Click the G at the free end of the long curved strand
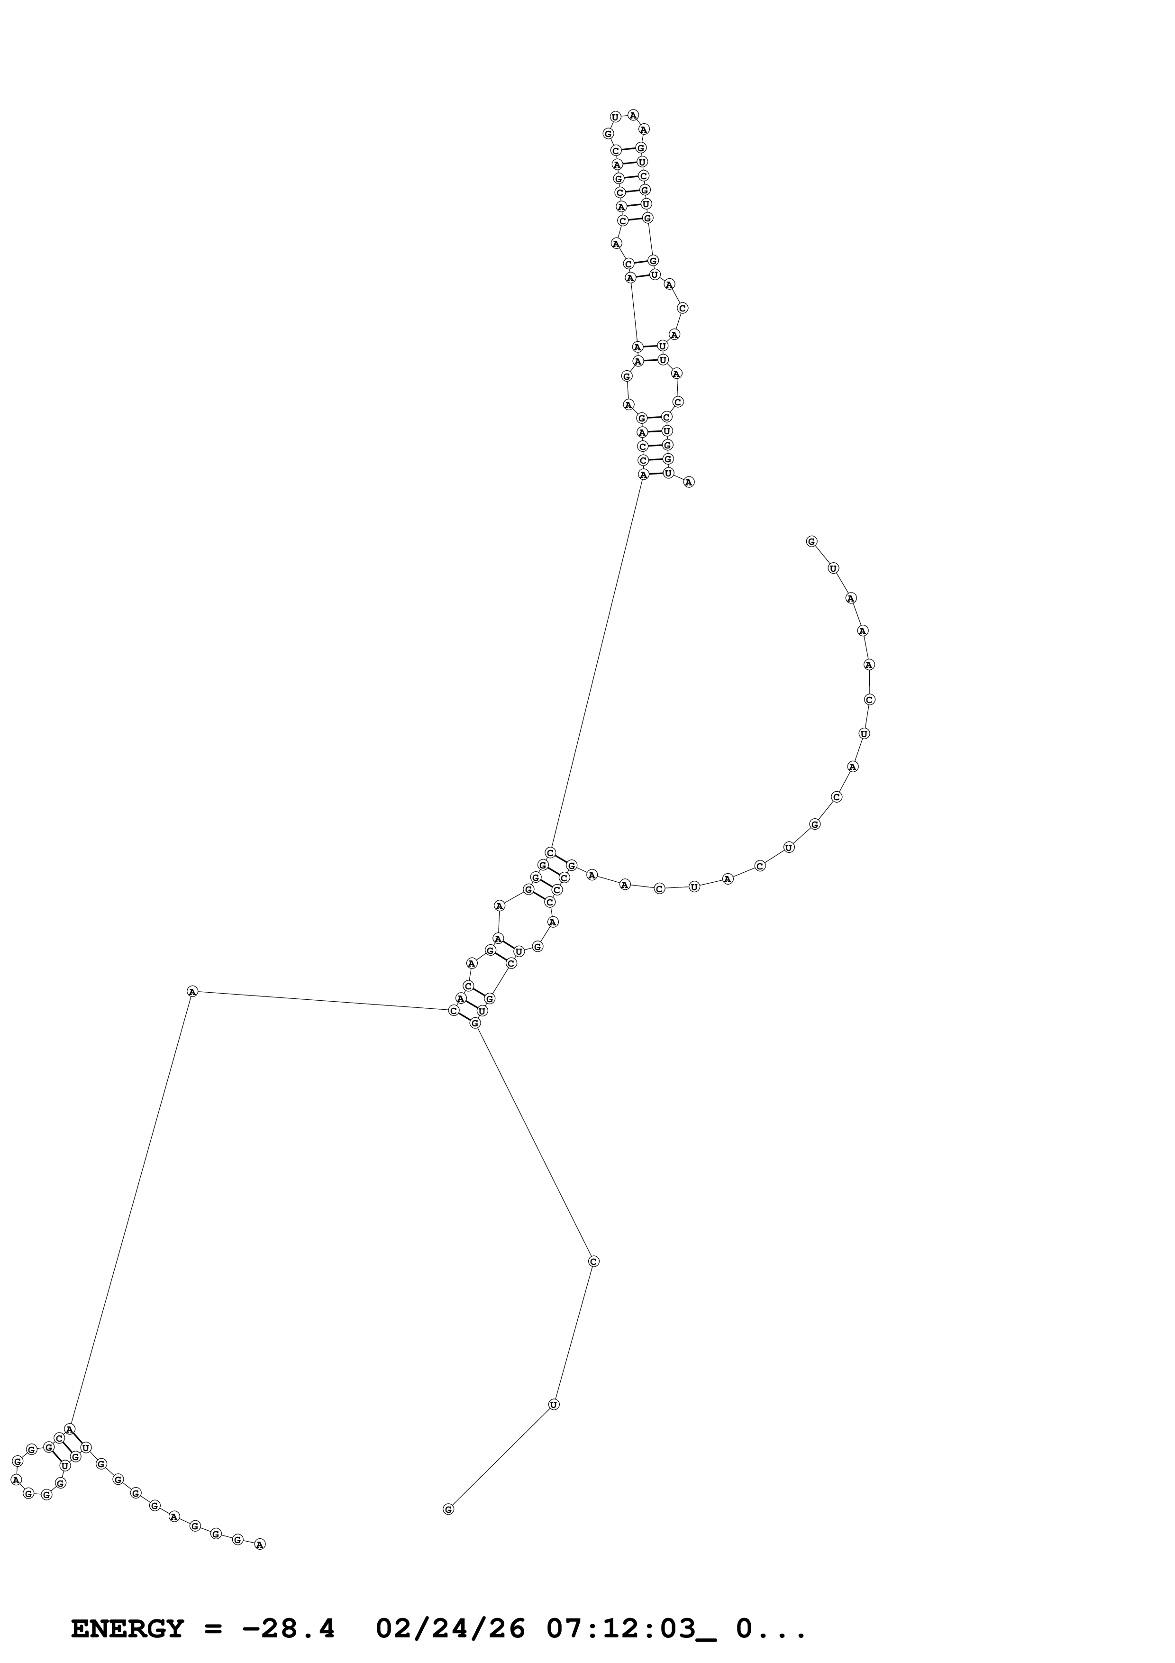pos(811,541)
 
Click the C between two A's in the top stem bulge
pos(683,308)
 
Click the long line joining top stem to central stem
pos(597,663)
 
